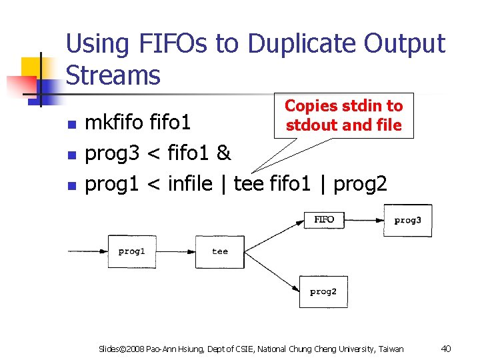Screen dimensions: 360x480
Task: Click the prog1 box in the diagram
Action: click(x=131, y=251)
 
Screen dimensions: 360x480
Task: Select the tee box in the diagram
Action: click(x=219, y=251)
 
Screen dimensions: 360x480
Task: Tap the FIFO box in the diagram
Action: click(x=324, y=219)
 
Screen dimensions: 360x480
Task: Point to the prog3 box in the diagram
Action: click(x=407, y=221)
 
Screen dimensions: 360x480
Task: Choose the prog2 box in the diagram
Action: click(x=323, y=292)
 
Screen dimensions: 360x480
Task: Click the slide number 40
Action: click(x=446, y=349)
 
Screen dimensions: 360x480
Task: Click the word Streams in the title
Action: click(x=113, y=75)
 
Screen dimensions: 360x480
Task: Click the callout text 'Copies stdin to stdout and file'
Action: click(x=343, y=115)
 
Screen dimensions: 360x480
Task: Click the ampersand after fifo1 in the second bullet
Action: click(x=223, y=153)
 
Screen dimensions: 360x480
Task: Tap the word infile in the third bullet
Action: click(x=191, y=183)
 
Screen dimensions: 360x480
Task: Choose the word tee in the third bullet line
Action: click(x=249, y=183)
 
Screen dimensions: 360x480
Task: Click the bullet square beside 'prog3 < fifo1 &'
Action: click(x=73, y=155)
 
